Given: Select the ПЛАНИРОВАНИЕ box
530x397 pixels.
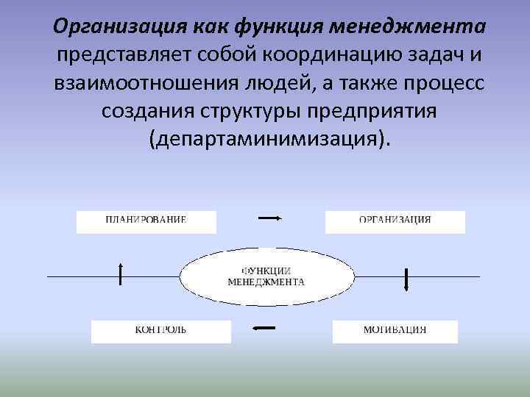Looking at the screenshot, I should tap(146, 222).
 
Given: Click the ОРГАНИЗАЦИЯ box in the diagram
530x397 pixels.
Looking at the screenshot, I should tap(395, 222).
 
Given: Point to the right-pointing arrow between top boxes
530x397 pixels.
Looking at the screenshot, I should tap(269, 218).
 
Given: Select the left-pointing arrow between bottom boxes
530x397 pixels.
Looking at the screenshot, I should tap(264, 328).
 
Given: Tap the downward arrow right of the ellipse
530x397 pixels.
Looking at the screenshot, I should tap(406, 280).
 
